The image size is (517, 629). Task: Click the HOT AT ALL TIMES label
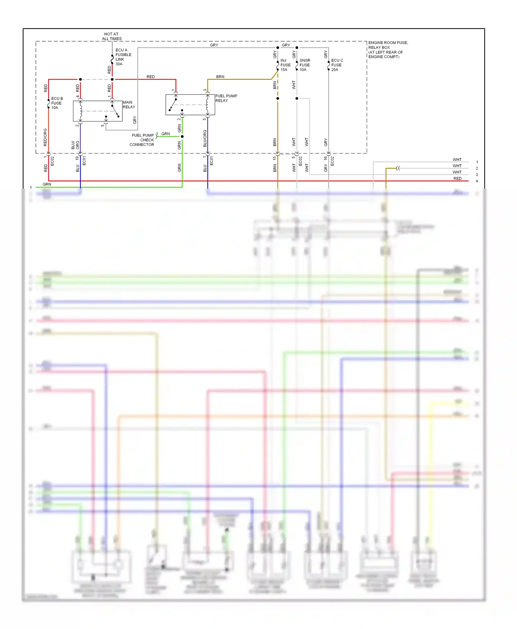point(111,36)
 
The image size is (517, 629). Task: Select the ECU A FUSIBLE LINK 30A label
point(123,57)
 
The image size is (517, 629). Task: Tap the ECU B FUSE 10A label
point(57,103)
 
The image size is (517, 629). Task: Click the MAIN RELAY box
point(98,111)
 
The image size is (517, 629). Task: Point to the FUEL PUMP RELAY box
point(190,105)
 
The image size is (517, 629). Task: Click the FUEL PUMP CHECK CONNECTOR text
point(143,140)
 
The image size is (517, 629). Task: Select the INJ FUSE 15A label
point(285,65)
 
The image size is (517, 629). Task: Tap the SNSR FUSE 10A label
point(304,65)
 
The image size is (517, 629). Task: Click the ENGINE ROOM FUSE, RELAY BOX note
point(388,50)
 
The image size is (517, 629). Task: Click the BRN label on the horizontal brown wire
point(220,77)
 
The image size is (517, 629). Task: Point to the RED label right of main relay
point(151,77)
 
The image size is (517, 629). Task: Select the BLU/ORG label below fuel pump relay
point(205,138)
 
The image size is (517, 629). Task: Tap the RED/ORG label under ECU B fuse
point(45,137)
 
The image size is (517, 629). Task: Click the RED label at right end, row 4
point(457,179)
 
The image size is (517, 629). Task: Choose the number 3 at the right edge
point(477,175)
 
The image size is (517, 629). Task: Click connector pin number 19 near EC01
point(77,158)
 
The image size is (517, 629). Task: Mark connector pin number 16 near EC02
point(325,158)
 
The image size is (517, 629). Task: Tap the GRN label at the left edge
point(47,184)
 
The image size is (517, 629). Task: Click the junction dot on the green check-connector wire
point(182,137)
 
